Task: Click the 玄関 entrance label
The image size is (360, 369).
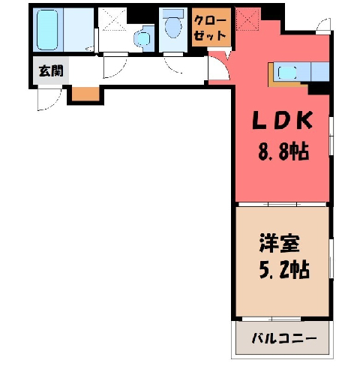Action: point(51,70)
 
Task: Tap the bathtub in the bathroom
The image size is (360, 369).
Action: point(47,30)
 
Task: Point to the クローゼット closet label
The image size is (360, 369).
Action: point(211,28)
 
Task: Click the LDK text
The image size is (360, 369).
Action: point(283,121)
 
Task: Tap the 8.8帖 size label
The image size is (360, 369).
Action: point(283,151)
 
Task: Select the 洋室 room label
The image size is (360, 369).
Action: point(280,243)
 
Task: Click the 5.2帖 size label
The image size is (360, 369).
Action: point(284,270)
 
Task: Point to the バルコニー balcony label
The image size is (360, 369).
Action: point(284,339)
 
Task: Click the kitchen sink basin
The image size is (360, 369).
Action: point(287,73)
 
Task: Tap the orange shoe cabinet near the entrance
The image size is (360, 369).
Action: point(85,94)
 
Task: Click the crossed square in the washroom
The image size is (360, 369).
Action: point(115,19)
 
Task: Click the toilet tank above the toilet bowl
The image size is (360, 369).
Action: point(173,13)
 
